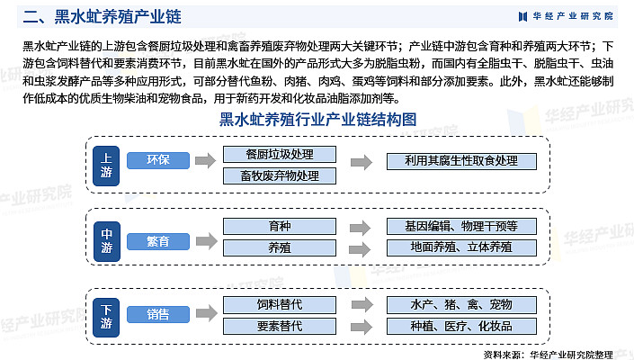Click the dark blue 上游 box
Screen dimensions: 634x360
(x=106, y=166)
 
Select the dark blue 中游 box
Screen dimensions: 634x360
(x=106, y=241)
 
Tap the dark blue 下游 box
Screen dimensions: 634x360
(x=106, y=318)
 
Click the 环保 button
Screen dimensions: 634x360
(x=158, y=160)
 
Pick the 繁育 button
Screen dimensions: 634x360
(x=158, y=241)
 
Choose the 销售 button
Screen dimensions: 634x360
(x=158, y=314)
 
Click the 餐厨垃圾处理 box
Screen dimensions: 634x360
(x=280, y=154)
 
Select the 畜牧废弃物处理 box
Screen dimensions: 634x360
(x=280, y=176)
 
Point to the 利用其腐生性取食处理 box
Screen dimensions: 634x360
(x=461, y=161)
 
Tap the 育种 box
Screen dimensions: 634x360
(x=280, y=226)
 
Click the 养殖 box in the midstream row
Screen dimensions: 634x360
(x=280, y=247)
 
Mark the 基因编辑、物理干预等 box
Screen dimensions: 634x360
(x=461, y=226)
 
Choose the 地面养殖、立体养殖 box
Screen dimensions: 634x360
(x=461, y=247)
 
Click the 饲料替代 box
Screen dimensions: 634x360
(x=280, y=304)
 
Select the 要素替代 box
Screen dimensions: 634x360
(x=280, y=326)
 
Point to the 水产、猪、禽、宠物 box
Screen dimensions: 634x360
(x=461, y=304)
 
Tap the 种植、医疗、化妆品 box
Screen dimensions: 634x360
(x=461, y=326)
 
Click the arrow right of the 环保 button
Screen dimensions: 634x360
(x=205, y=160)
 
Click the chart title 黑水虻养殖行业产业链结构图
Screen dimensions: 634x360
(x=317, y=120)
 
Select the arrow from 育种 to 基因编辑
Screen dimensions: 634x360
(x=361, y=228)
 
